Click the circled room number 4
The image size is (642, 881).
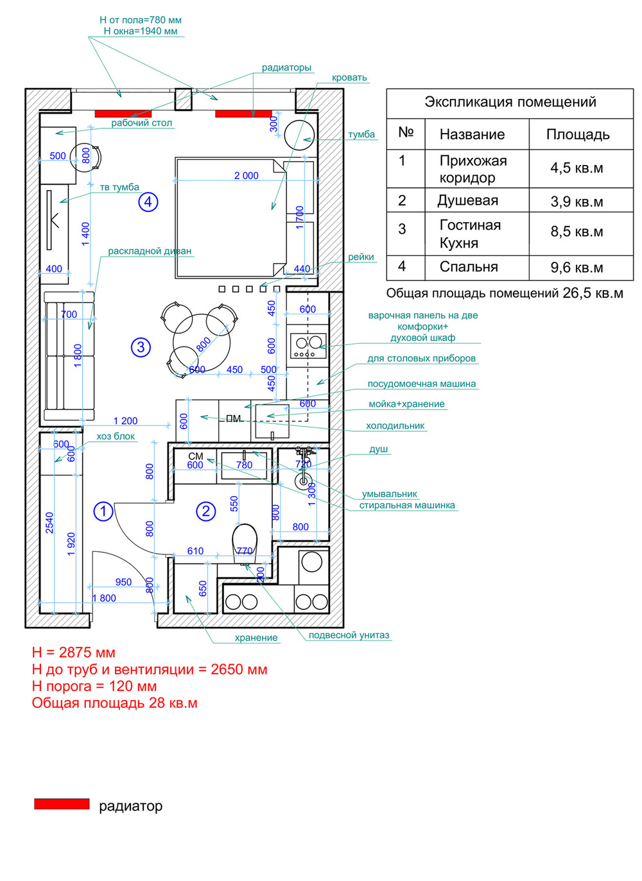point(148,201)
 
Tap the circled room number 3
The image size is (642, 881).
point(141,347)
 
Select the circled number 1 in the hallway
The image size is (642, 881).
point(103,511)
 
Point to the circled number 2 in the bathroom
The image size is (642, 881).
point(206,511)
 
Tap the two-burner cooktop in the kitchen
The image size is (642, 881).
point(308,346)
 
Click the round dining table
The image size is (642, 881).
point(202,342)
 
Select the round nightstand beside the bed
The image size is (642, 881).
point(299,135)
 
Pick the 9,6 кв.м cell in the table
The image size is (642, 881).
point(577,268)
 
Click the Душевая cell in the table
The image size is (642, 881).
point(467,201)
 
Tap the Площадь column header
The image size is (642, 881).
point(578,135)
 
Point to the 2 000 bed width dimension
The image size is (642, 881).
point(247,175)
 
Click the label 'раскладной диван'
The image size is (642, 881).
point(150,251)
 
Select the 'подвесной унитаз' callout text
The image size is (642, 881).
point(349,635)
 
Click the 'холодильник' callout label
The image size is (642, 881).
point(395,425)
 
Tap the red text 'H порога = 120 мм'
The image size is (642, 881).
point(94,687)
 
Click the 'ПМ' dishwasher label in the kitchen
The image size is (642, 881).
point(234,419)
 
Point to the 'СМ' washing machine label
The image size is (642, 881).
point(196,456)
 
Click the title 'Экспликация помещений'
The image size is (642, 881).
point(510,102)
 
